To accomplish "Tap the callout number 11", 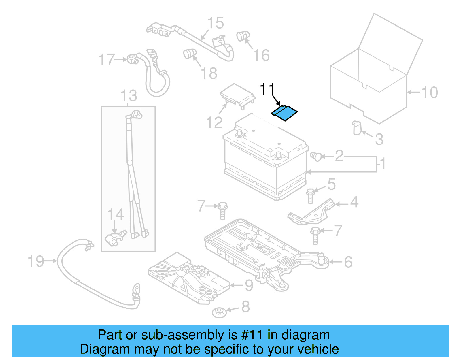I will (267, 89).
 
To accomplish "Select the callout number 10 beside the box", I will (429, 93).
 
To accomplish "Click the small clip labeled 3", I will (357, 128).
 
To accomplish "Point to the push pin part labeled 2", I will (316, 156).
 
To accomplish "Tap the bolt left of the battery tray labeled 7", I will (222, 211).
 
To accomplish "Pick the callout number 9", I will (249, 285).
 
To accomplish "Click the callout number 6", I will (348, 262).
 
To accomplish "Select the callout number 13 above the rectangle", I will (129, 96).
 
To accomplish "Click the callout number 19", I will (36, 261).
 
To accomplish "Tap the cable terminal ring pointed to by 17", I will (132, 59).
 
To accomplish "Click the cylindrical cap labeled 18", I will (190, 54).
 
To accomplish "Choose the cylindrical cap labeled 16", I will (243, 36).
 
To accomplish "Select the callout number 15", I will (216, 23).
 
